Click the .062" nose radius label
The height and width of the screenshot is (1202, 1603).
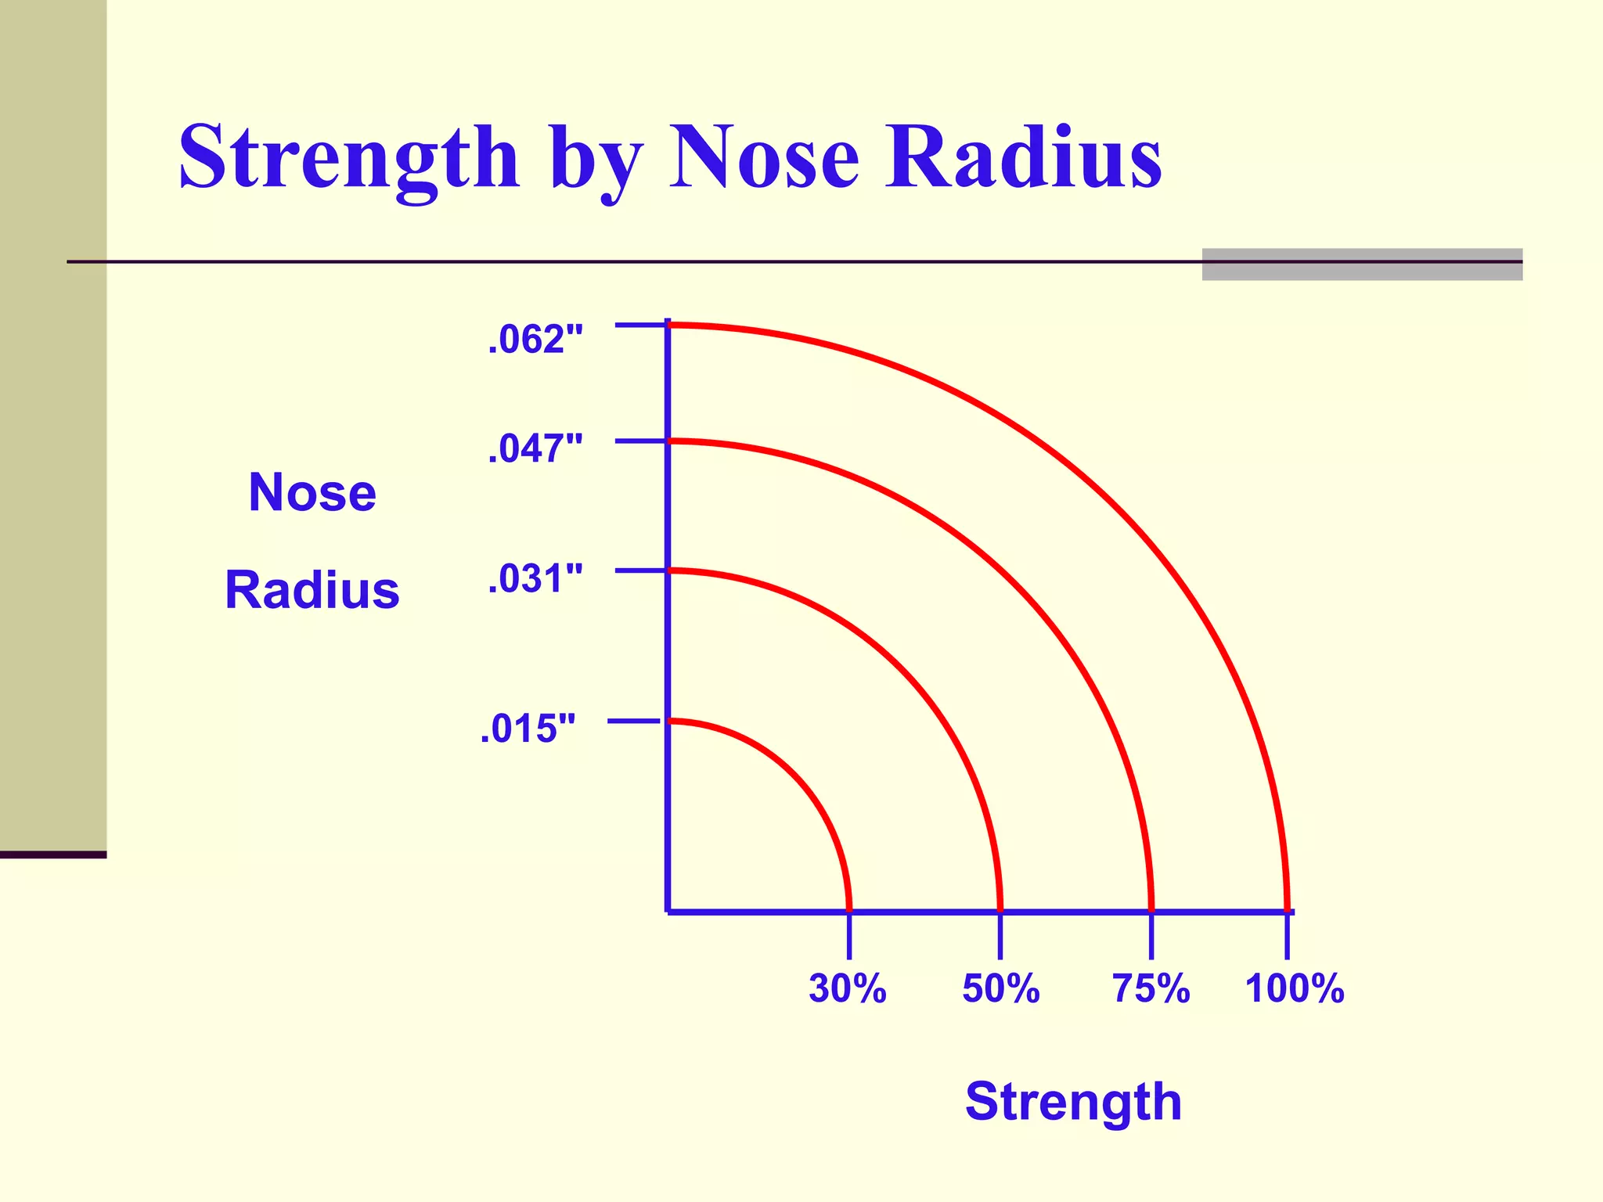pos(535,340)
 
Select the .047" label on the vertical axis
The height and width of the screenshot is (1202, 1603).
pos(535,449)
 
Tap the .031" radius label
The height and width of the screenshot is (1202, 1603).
pos(535,580)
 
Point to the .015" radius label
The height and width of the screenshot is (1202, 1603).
pos(528,729)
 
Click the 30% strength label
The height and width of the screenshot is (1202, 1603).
pos(848,988)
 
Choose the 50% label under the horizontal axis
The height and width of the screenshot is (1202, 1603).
pos(1000,988)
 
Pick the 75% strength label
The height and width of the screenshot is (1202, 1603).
pos(1151,988)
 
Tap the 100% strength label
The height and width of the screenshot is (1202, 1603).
pos(1295,988)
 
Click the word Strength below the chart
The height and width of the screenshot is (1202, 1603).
pos(1073,1102)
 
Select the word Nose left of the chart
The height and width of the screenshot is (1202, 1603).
pos(312,493)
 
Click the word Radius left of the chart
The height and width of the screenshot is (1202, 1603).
pos(312,590)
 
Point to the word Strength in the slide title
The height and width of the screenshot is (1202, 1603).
pos(349,158)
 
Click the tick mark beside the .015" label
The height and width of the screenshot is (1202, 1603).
pos(634,721)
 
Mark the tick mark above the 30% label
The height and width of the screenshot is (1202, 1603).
pos(849,936)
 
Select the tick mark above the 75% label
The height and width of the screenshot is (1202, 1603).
pos(1151,936)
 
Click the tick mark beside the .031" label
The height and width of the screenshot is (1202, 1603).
pos(639,571)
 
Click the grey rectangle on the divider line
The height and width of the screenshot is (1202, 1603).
pos(1362,265)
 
